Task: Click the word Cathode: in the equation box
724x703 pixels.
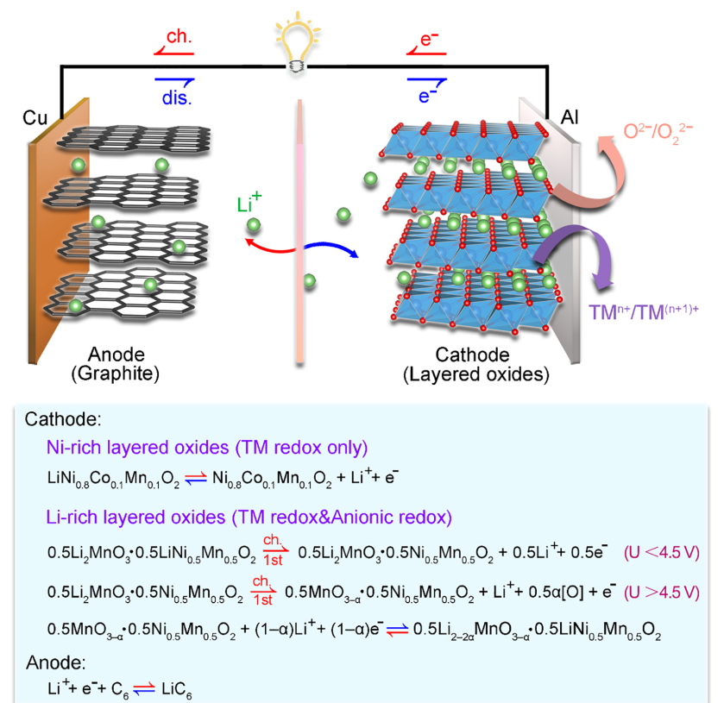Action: pos(64,420)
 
